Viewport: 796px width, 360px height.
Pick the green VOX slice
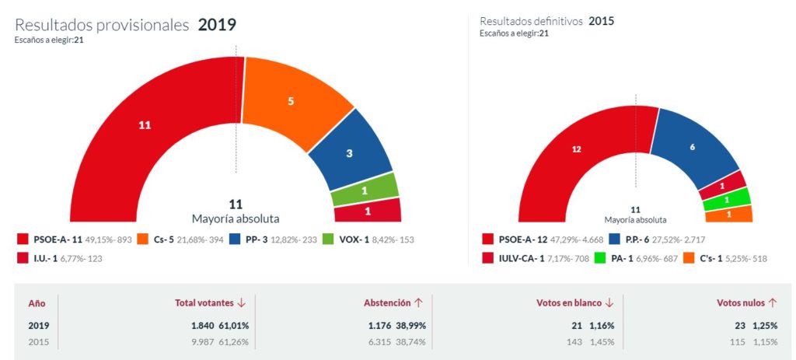click(365, 189)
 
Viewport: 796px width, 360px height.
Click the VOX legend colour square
click(327, 239)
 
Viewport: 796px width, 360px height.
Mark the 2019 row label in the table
click(39, 325)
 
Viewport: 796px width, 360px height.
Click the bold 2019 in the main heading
click(217, 24)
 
